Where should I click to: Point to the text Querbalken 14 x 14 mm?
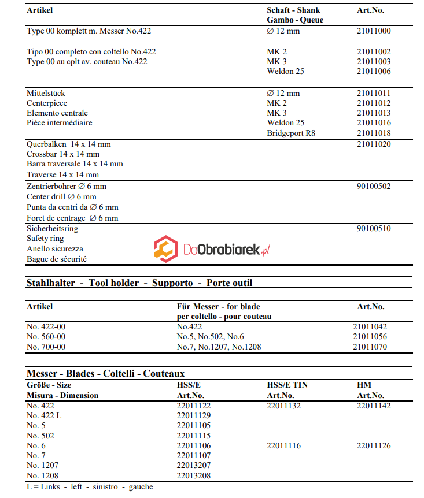pos(69,144)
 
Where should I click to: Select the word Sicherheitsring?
pos(52,228)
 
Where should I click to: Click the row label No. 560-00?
pos(46,337)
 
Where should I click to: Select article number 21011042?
pos(370,326)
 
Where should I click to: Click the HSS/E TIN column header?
pos(287,385)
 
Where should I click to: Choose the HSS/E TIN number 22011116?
pos(283,446)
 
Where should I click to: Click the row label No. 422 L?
pos(45,416)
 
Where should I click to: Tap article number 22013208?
pos(194,476)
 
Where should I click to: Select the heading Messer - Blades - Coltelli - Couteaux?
pos(106,374)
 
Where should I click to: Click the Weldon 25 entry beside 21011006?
pos(285,72)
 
